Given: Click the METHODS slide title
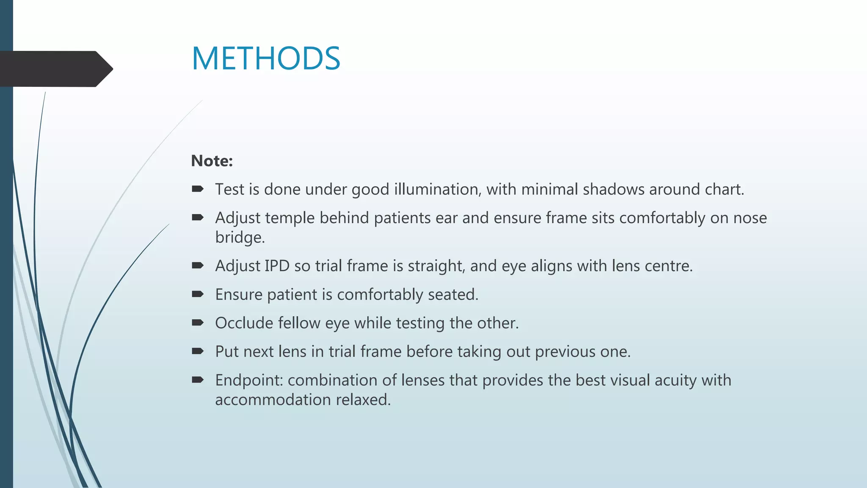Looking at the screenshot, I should click(266, 58).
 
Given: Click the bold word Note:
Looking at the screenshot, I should click(212, 161).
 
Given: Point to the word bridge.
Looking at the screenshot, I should click(240, 237).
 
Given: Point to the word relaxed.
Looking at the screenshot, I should click(363, 400).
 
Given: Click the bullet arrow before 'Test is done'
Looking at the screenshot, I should click(198, 189).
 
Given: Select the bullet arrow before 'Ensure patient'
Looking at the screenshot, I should click(198, 294).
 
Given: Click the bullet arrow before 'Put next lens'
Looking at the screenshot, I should click(198, 351).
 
